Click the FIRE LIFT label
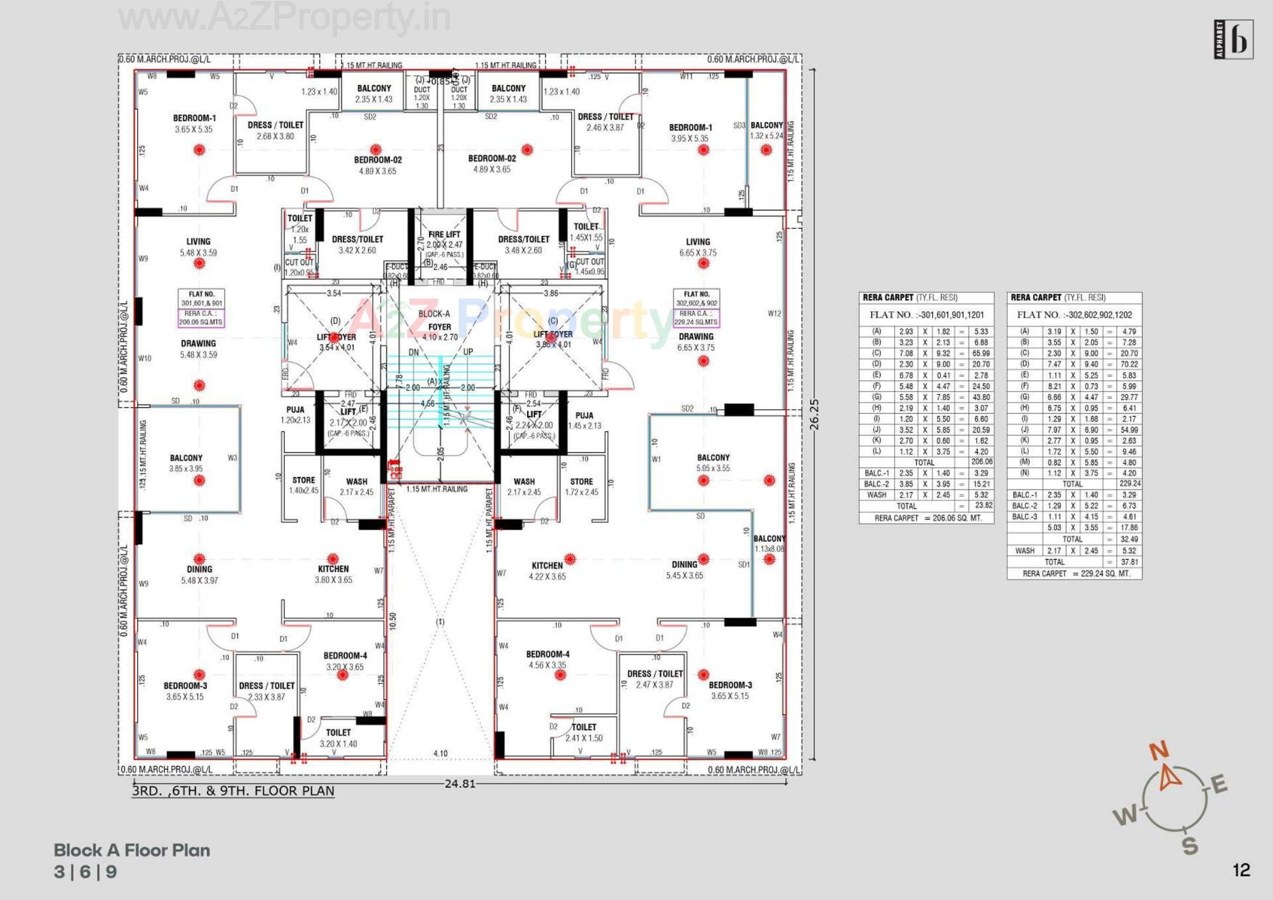[444, 235]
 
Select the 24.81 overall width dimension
[459, 784]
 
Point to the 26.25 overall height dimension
[814, 415]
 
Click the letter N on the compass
[1159, 751]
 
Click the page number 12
[1241, 870]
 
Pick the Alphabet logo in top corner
[1233, 40]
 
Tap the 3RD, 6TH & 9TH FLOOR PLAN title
[233, 791]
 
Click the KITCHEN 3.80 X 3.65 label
[333, 574]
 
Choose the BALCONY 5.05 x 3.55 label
[713, 463]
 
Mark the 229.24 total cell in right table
[1130, 483]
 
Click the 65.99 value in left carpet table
[981, 354]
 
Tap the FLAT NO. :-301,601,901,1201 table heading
[926, 315]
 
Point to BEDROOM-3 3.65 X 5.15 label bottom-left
[185, 691]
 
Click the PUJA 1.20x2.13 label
[295, 415]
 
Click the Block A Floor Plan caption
[132, 850]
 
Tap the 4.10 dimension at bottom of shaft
[440, 753]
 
